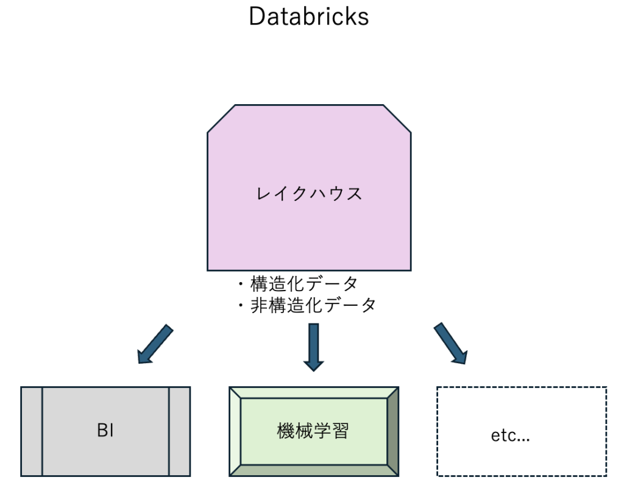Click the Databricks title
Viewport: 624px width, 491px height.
coord(308,17)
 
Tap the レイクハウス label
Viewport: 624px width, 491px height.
coord(309,194)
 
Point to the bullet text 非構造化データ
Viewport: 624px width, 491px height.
coord(313,305)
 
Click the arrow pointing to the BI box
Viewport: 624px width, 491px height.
coord(155,344)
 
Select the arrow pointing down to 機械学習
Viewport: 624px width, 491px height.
coord(314,347)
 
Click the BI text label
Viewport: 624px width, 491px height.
coord(105,431)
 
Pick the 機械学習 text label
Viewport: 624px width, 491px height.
coord(313,431)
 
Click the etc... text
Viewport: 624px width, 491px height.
coord(510,436)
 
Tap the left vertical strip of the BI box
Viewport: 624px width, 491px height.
coord(32,431)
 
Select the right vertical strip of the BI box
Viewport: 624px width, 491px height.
coord(179,431)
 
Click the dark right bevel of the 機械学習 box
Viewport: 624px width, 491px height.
coord(393,431)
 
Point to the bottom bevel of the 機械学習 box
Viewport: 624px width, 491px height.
coord(314,470)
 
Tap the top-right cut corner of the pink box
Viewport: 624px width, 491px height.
coord(397,118)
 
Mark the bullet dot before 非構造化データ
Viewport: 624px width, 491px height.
coord(241,305)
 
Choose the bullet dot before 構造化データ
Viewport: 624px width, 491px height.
coord(241,284)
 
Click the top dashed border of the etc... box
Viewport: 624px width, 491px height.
coord(522,387)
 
